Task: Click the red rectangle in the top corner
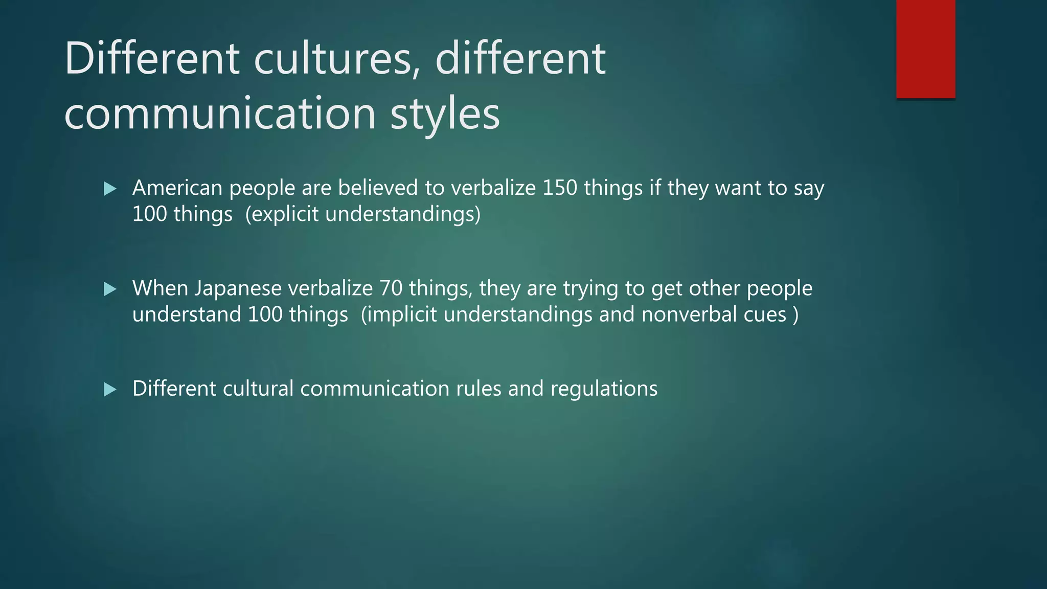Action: click(x=925, y=49)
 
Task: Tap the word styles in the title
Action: click(x=445, y=114)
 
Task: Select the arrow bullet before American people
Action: click(x=110, y=189)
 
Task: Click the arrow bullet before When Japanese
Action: click(x=110, y=289)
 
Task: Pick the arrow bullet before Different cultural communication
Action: click(x=110, y=390)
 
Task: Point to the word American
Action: click(x=177, y=188)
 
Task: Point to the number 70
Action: click(x=391, y=288)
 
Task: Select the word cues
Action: click(x=765, y=314)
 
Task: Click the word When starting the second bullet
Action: click(x=159, y=288)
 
